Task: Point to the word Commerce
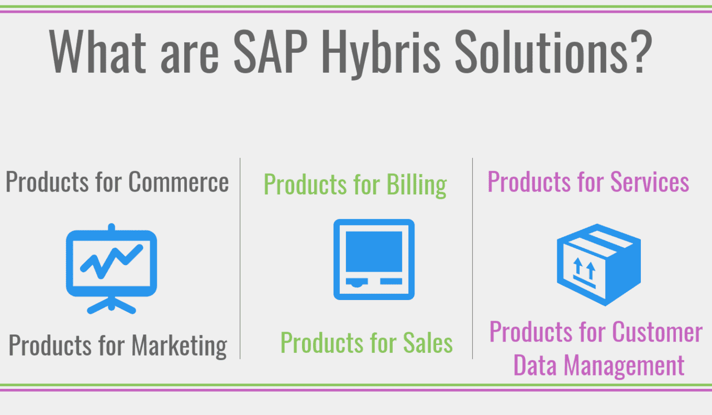pyautogui.click(x=179, y=182)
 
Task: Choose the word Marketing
pyautogui.click(x=179, y=346)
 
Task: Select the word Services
pyautogui.click(x=650, y=182)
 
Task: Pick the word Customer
pyautogui.click(x=657, y=332)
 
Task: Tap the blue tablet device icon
pyautogui.click(x=374, y=259)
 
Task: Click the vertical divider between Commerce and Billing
pyautogui.click(x=240, y=258)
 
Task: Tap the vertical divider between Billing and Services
pyautogui.click(x=473, y=258)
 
